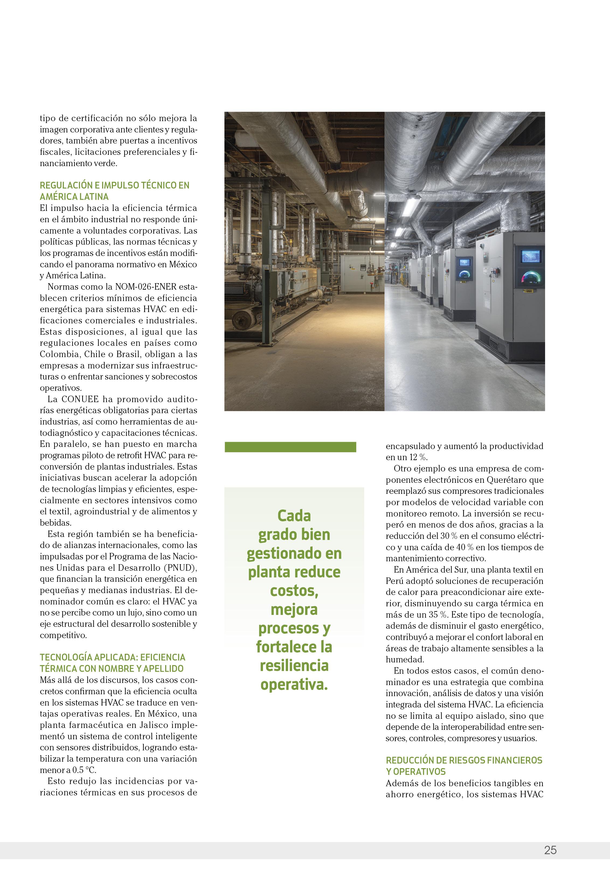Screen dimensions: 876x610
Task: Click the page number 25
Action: [x=550, y=850]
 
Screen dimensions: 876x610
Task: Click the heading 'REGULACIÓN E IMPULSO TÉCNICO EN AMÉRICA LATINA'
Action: [x=114, y=191]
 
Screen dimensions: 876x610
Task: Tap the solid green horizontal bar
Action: [x=290, y=447]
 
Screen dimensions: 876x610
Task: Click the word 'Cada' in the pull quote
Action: [x=294, y=516]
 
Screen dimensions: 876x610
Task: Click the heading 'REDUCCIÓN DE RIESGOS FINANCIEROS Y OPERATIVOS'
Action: [x=464, y=766]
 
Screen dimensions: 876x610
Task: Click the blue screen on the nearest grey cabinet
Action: [x=531, y=256]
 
